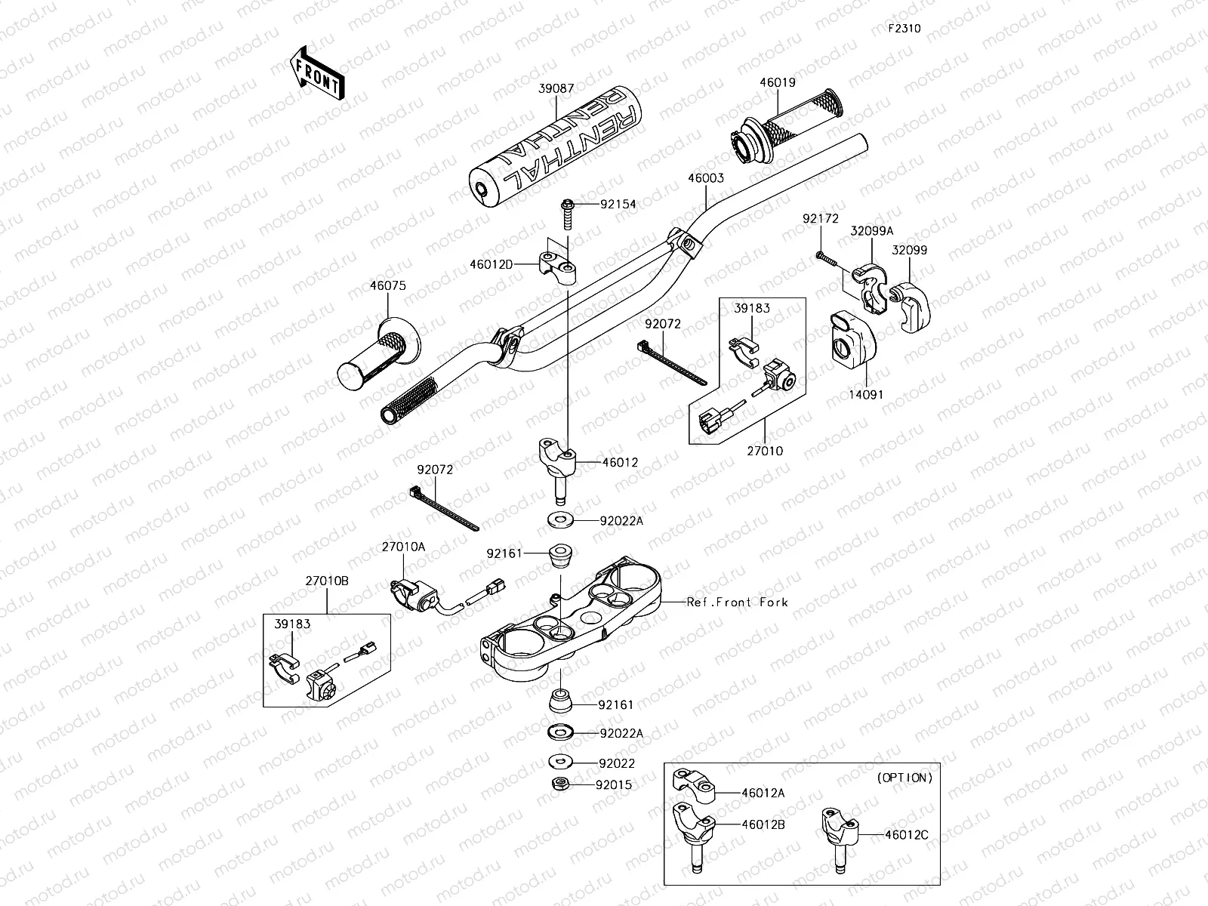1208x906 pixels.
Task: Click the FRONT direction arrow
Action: click(318, 73)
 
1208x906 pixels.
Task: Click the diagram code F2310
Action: click(904, 28)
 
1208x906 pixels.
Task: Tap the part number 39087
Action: click(556, 88)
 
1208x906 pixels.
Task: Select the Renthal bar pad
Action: click(555, 146)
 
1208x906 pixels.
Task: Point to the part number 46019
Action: click(778, 82)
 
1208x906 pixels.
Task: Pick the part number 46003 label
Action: click(705, 178)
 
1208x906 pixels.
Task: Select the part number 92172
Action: click(821, 218)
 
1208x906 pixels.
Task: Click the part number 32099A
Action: click(872, 231)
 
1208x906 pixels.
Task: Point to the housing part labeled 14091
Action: click(852, 339)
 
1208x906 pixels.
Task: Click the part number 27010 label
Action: click(765, 451)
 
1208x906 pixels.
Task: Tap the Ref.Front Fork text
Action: click(738, 602)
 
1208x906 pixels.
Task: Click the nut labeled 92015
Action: click(560, 784)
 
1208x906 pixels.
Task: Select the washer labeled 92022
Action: click(561, 761)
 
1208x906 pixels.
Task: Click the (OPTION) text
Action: click(904, 778)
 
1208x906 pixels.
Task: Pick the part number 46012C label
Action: click(907, 835)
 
